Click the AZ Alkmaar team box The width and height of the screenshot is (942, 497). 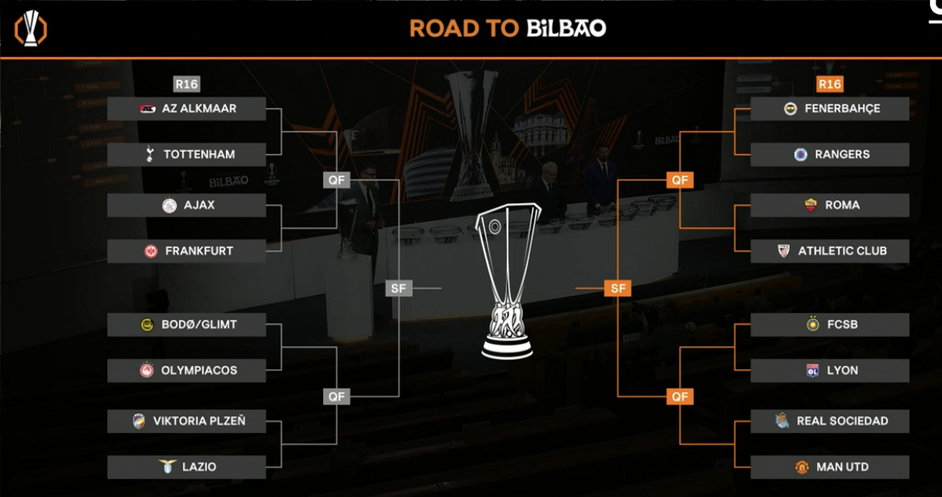186,109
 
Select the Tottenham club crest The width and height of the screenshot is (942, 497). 150,155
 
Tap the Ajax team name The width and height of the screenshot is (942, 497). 200,205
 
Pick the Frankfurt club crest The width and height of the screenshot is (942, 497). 150,251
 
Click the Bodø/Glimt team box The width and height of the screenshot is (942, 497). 186,325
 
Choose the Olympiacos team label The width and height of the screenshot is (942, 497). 199,371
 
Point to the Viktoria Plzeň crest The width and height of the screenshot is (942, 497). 139,421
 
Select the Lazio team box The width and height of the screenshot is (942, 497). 186,467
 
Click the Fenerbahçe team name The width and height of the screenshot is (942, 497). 843,109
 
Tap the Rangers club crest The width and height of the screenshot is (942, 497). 800,155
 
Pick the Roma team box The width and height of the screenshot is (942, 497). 830,205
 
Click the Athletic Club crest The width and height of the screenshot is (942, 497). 783,251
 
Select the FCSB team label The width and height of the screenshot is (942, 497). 843,325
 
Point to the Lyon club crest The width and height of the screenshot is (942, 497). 812,371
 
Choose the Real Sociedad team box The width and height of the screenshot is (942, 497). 830,421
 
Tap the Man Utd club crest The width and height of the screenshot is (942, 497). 802,467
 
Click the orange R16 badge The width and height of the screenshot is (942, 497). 830,84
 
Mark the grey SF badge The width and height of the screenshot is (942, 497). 398,288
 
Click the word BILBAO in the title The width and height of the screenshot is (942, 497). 566,28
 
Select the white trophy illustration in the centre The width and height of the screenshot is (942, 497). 508,282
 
